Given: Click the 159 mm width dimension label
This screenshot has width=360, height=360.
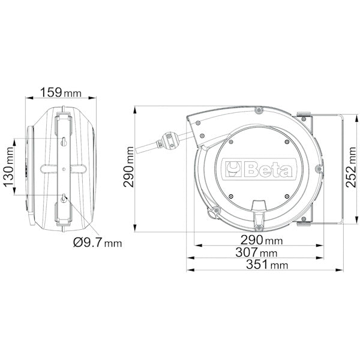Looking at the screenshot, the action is click(61, 93).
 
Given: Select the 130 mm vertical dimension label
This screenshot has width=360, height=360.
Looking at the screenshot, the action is click(9, 167).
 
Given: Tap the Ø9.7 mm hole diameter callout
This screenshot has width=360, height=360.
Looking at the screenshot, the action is click(98, 242).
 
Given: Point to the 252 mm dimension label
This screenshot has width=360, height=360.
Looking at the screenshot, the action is click(351, 167).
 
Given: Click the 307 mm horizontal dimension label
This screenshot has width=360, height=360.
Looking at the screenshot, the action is click(256, 253).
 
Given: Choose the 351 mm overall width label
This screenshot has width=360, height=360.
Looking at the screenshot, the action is click(267, 265).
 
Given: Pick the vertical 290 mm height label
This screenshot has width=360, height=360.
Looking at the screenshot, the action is click(128, 167).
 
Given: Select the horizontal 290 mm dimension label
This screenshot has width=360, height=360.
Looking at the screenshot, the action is click(262, 240).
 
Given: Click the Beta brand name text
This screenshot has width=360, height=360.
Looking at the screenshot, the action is click(268, 169).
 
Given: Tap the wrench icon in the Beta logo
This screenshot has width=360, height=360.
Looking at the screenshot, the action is click(233, 169).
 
